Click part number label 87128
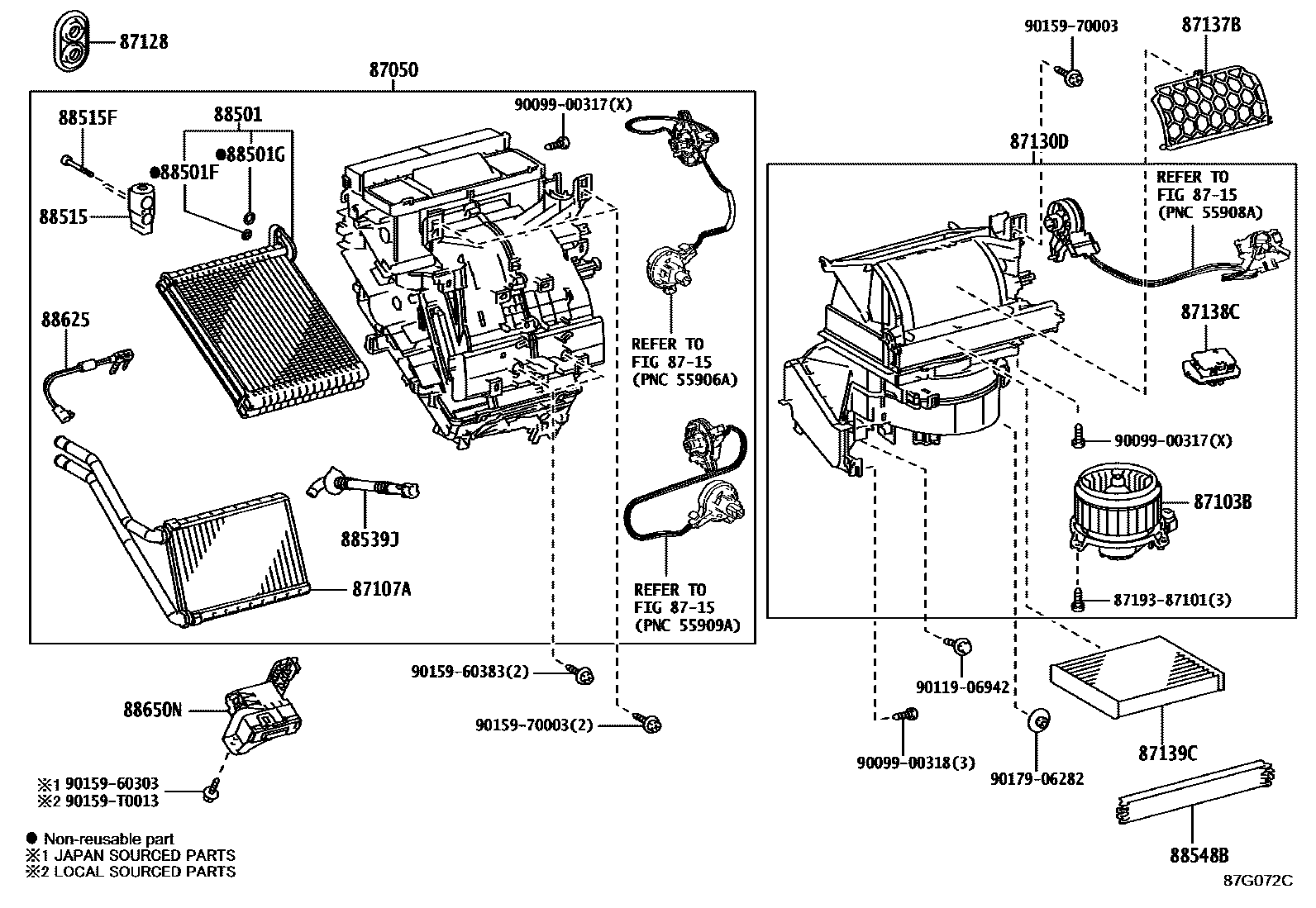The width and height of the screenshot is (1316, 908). (x=143, y=41)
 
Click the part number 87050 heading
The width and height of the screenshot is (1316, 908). (x=393, y=70)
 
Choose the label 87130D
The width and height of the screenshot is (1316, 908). (x=1038, y=142)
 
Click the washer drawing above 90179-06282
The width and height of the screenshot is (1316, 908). (x=1040, y=720)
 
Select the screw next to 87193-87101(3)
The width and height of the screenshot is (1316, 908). (x=1078, y=600)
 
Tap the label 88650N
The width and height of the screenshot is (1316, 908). (x=153, y=709)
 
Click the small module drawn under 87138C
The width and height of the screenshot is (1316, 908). (x=1206, y=365)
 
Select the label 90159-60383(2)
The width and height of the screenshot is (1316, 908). (x=469, y=673)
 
